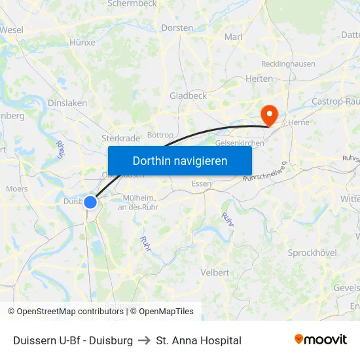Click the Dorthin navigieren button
click(180, 160)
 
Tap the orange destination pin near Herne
click(268, 115)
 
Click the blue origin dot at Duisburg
click(90, 202)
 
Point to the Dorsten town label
click(177, 28)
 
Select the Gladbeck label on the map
click(188, 96)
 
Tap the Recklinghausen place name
click(288, 64)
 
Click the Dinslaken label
click(67, 103)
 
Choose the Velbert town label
click(215, 272)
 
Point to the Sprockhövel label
click(312, 253)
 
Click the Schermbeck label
click(132, 4)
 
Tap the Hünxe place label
click(82, 43)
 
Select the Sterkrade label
click(120, 138)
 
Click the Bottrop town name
click(160, 135)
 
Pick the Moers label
click(16, 189)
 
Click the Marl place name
click(234, 37)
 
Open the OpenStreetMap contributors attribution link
click(70, 312)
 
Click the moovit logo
click(321, 340)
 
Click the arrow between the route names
click(144, 340)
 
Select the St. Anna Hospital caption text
click(199, 340)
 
